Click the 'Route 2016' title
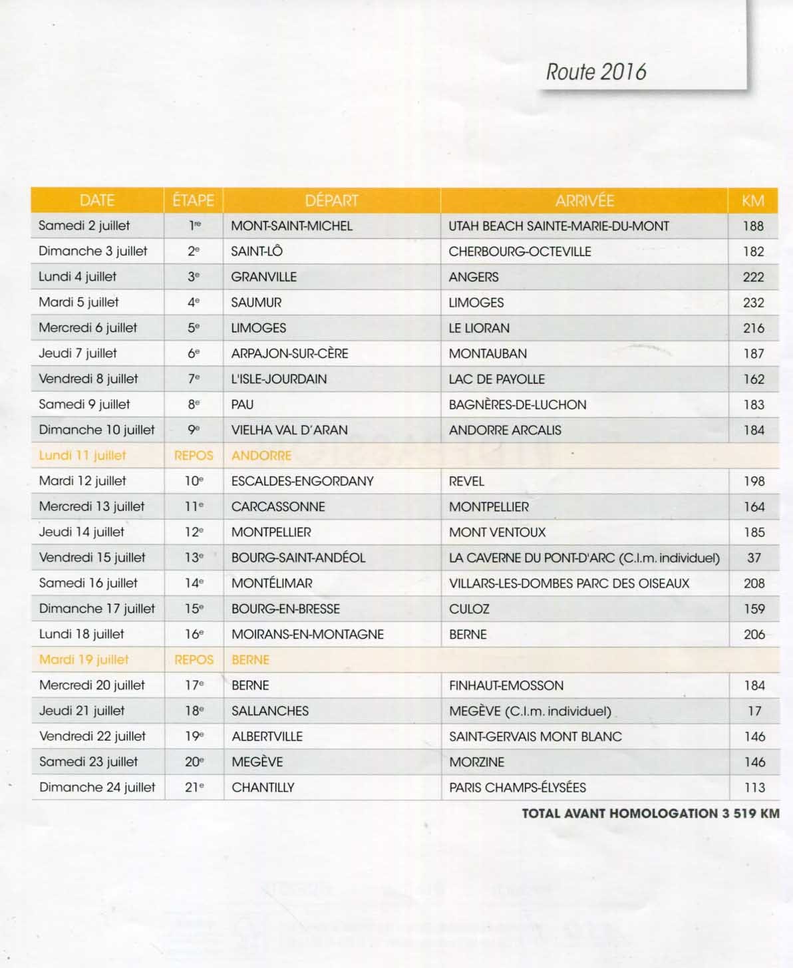(595, 72)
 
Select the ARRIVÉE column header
(584, 200)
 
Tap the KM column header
(752, 200)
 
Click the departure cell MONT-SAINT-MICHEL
(291, 226)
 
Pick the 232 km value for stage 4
(753, 303)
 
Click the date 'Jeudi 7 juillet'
(78, 353)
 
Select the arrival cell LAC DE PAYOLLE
(496, 379)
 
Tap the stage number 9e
(194, 430)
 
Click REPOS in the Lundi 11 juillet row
(194, 456)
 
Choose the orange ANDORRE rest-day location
(261, 456)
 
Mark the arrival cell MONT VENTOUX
(497, 532)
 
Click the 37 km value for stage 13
(754, 558)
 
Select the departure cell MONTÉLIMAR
(271, 583)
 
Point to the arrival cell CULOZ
(469, 609)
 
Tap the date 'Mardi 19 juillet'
(84, 660)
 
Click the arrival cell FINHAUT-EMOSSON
(506, 685)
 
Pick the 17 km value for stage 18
(754, 711)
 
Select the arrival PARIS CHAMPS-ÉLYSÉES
(518, 788)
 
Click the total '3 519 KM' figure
(750, 813)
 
